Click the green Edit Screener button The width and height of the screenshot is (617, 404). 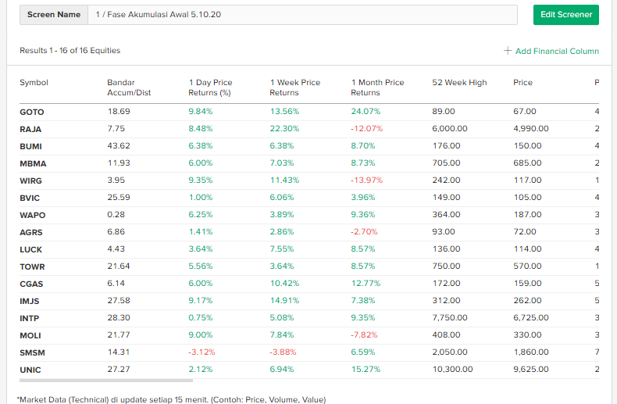(x=566, y=14)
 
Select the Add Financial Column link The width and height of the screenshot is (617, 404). (x=551, y=51)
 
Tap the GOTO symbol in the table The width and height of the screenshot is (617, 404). (x=32, y=112)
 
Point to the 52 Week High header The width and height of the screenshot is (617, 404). (x=459, y=83)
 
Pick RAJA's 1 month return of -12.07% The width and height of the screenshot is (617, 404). (x=367, y=129)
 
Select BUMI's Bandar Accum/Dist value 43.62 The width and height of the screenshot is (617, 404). (x=119, y=146)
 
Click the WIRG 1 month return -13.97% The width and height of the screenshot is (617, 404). (x=367, y=181)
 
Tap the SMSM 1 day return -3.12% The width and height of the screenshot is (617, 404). (x=202, y=352)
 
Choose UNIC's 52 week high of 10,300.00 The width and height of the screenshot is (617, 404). (x=452, y=370)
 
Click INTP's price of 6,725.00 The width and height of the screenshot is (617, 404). (x=531, y=318)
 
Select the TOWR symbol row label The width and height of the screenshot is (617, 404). (x=33, y=266)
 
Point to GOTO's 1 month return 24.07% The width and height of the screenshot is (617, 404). (x=366, y=112)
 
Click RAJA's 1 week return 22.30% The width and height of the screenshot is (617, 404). (x=284, y=129)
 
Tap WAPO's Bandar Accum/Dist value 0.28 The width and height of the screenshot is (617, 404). (x=116, y=215)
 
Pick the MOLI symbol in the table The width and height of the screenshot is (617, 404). (x=31, y=335)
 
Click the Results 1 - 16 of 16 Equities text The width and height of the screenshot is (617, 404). (x=70, y=51)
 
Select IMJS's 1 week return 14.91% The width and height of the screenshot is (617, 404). (x=284, y=301)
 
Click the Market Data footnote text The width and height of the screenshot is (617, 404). (x=171, y=399)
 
